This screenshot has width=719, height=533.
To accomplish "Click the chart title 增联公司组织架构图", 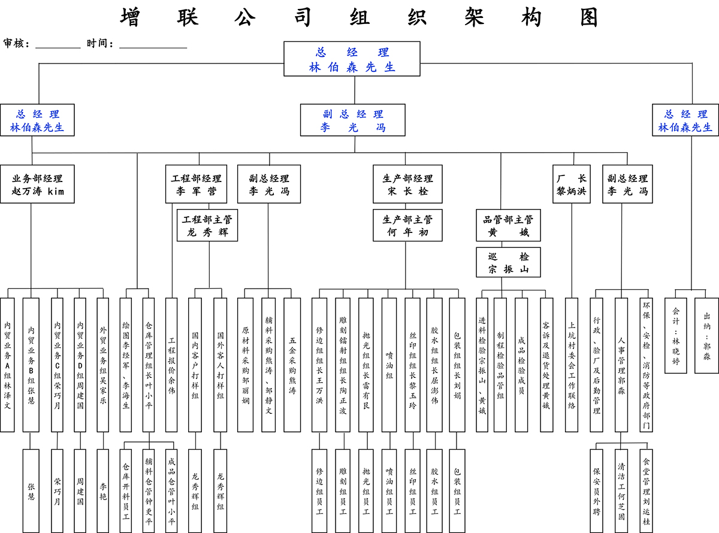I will [x=359, y=17].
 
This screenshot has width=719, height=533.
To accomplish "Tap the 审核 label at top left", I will [x=16, y=44].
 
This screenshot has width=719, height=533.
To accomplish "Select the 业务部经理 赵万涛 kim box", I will [x=38, y=184].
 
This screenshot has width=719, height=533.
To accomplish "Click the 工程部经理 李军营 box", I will [x=197, y=184].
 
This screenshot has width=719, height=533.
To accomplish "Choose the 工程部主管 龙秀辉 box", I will [x=207, y=225].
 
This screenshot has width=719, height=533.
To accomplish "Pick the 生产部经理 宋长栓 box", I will [x=407, y=184].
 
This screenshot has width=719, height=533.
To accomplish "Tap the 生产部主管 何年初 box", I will [x=407, y=225].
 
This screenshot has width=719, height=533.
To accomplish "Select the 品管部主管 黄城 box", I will [x=508, y=225].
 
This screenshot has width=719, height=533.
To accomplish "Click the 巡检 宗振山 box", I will [x=508, y=262].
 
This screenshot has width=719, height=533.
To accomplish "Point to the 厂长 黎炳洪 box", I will [x=571, y=184].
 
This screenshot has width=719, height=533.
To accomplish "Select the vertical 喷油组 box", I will [x=389, y=365].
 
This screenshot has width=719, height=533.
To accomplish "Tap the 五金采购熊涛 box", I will [x=292, y=365].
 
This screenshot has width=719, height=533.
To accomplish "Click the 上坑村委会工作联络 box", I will [x=571, y=365].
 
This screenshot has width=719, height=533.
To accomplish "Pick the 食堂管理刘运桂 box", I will [x=645, y=491].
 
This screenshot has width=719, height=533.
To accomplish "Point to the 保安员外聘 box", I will [x=596, y=491].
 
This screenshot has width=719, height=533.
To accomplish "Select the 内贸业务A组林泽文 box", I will [x=7, y=365].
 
